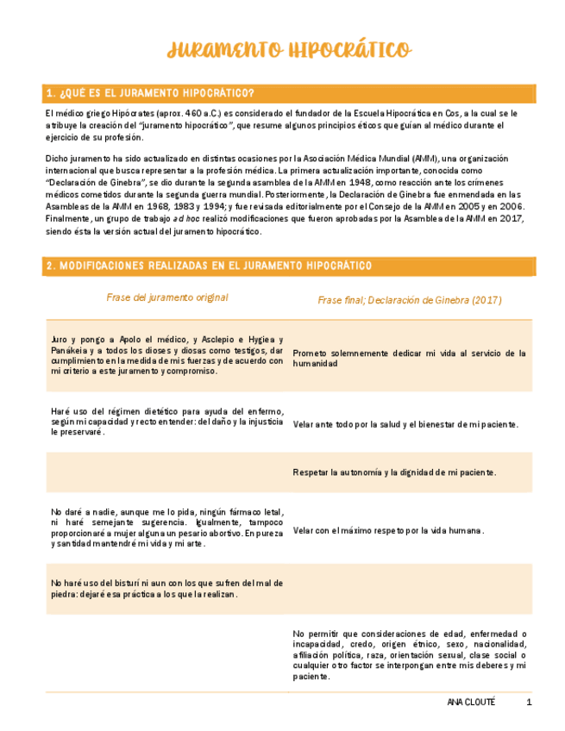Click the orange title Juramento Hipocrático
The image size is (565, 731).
(x=289, y=50)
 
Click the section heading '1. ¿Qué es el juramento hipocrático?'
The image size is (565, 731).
(x=150, y=93)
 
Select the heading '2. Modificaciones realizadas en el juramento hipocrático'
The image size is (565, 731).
(x=209, y=266)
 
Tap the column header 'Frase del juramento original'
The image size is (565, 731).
(x=167, y=297)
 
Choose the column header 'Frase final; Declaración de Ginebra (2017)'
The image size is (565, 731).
(x=410, y=300)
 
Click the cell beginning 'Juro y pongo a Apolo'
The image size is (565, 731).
(x=167, y=355)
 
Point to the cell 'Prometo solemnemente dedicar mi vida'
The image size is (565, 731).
(x=410, y=358)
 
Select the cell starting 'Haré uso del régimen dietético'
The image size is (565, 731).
(x=167, y=422)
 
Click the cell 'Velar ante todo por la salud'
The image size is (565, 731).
(x=405, y=424)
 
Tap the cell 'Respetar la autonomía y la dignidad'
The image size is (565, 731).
(x=395, y=472)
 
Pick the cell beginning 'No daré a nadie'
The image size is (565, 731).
(x=167, y=528)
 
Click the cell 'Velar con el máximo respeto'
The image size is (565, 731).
(x=388, y=531)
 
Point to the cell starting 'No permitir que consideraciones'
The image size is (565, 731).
(x=410, y=655)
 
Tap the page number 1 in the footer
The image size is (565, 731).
(x=529, y=703)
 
